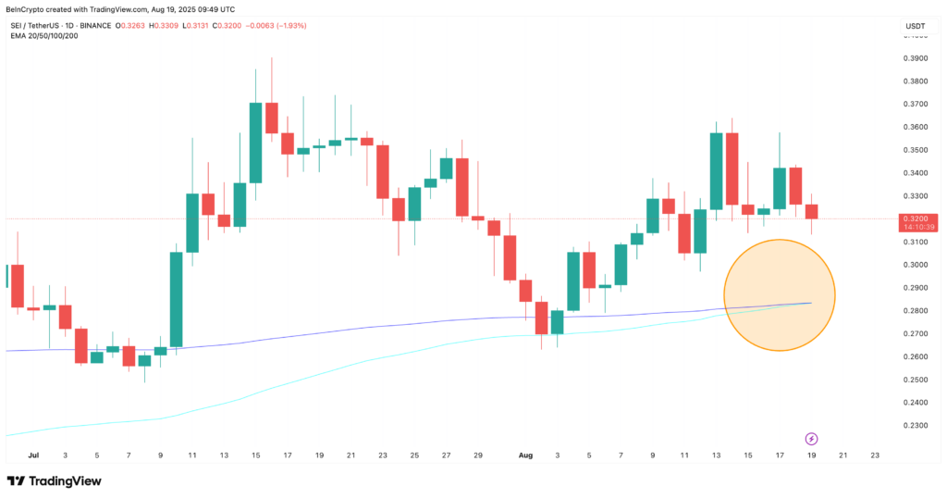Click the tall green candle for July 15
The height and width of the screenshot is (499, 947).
pyautogui.click(x=255, y=143)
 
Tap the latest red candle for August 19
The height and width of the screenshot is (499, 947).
pyautogui.click(x=811, y=212)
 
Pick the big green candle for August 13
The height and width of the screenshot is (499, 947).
pyautogui.click(x=716, y=170)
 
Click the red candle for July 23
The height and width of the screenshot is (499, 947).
pyautogui.click(x=382, y=171)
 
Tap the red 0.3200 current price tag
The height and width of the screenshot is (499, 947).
pyautogui.click(x=913, y=218)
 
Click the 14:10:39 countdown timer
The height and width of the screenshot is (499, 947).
pyautogui.click(x=913, y=227)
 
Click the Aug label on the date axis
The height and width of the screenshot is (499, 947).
pyautogui.click(x=525, y=455)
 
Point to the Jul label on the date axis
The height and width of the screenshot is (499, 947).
pyautogui.click(x=34, y=455)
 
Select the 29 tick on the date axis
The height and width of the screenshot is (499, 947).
pyautogui.click(x=477, y=455)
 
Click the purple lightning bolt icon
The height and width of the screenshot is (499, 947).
pyautogui.click(x=811, y=438)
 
